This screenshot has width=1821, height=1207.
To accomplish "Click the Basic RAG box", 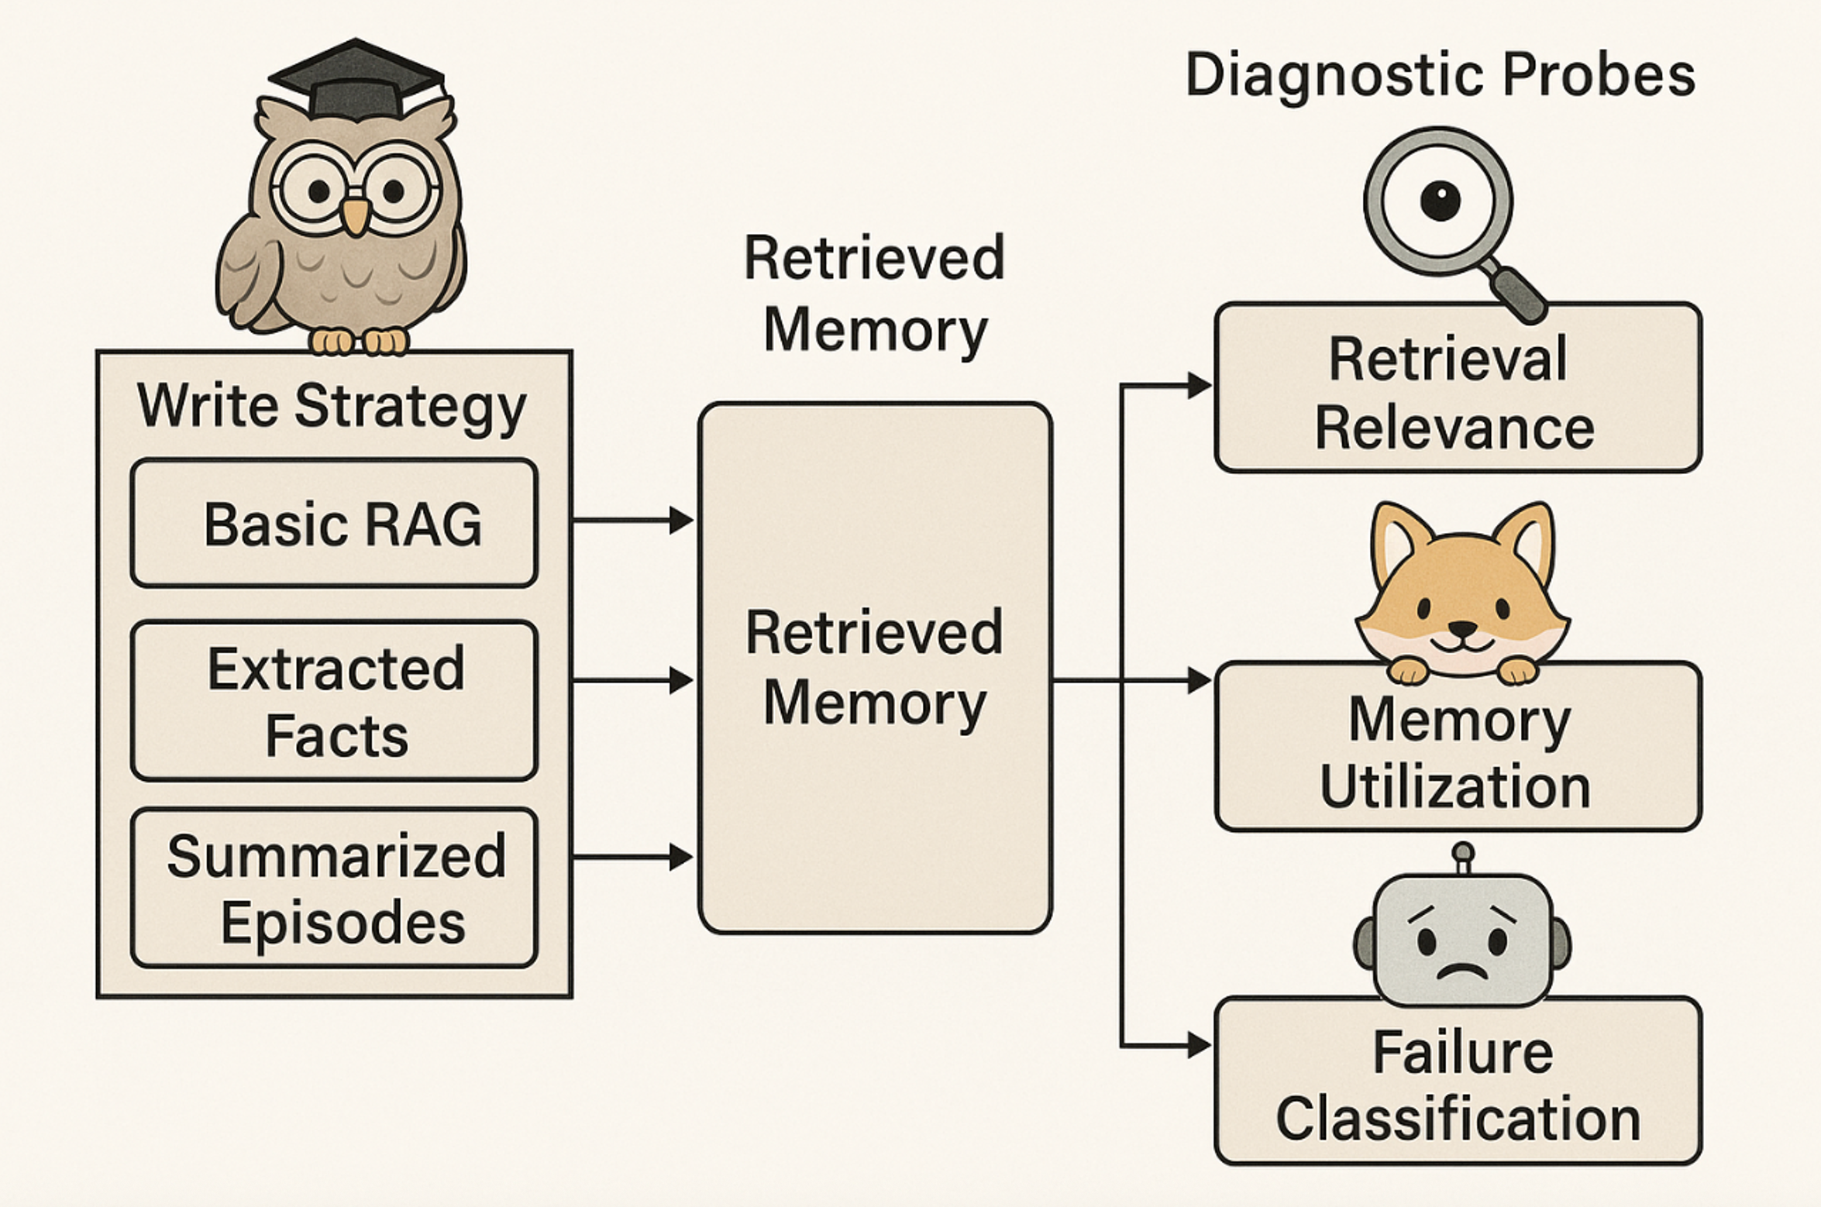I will (334, 523).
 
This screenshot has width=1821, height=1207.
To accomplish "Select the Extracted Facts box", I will (334, 700).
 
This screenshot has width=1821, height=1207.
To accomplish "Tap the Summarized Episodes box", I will (334, 888).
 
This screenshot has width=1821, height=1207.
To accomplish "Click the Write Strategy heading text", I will (332, 405).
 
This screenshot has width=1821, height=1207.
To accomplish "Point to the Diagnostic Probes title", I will (1440, 75).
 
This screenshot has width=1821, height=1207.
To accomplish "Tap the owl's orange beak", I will (356, 215).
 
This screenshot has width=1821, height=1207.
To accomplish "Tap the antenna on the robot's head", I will (1462, 858).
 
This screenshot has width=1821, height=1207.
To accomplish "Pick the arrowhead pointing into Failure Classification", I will (1199, 1046).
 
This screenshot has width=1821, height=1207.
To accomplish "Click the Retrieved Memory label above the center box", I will (874, 294).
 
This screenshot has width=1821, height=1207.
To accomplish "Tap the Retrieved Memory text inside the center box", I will (874, 668).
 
